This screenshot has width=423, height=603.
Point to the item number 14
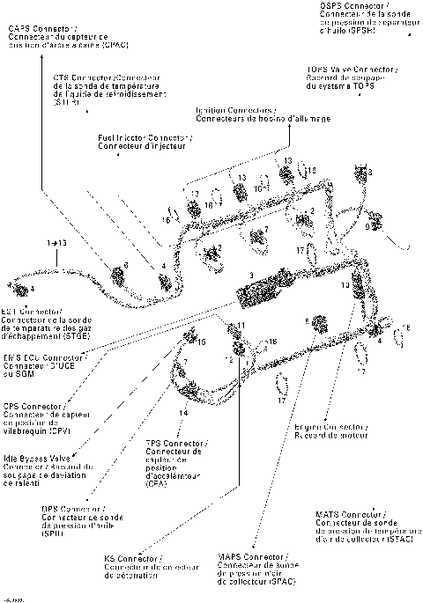pyautogui.click(x=183, y=412)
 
